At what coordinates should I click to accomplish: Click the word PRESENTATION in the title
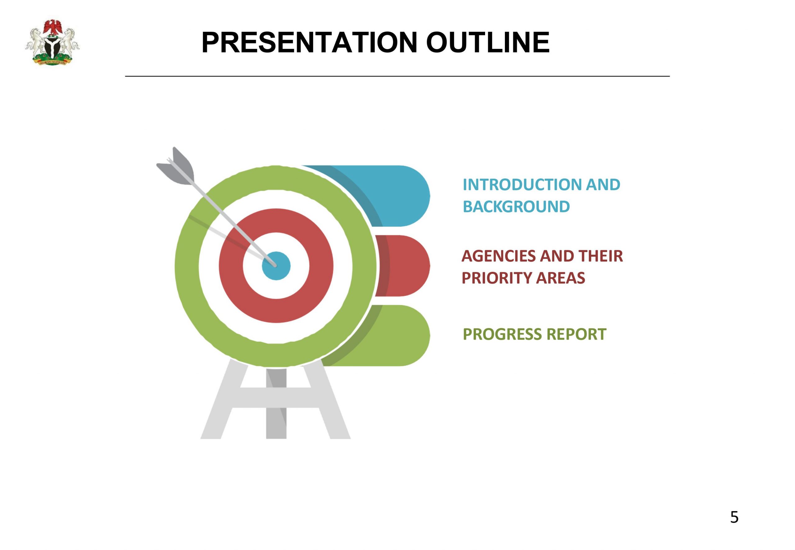pyautogui.click(x=309, y=43)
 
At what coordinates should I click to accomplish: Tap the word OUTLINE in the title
pyautogui.click(x=488, y=43)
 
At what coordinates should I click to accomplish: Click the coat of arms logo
pyautogui.click(x=52, y=43)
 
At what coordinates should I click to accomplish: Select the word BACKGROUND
pyautogui.click(x=516, y=207)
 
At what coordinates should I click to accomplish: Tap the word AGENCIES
pyautogui.click(x=498, y=256)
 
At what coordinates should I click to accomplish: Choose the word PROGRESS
pyautogui.click(x=502, y=334)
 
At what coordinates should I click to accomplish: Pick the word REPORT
pyautogui.click(x=576, y=334)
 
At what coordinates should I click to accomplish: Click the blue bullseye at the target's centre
pyautogui.click(x=276, y=266)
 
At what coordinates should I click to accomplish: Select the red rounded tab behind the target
pyautogui.click(x=403, y=266)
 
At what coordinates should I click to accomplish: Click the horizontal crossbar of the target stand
pyautogui.click(x=276, y=397)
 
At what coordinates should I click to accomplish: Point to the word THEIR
pyautogui.click(x=601, y=256)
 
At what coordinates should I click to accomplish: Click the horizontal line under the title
pyautogui.click(x=397, y=76)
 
